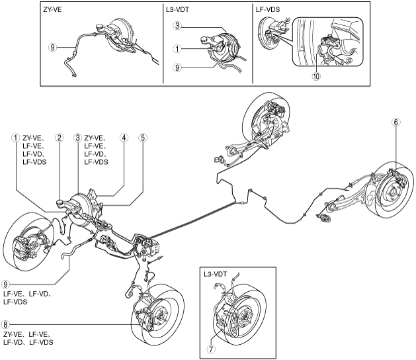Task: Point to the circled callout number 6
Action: click(x=395, y=122)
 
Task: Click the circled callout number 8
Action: click(x=7, y=325)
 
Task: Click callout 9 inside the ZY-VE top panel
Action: click(x=52, y=48)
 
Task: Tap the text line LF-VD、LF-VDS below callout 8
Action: click(x=28, y=342)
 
